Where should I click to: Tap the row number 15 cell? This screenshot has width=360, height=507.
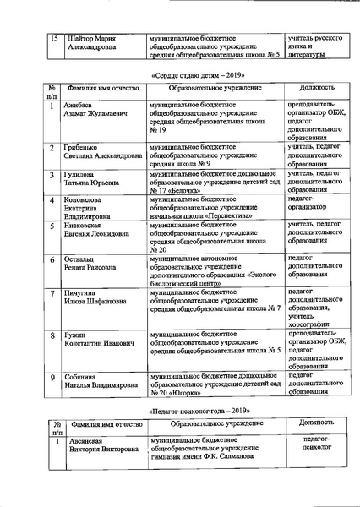click(x=54, y=39)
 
